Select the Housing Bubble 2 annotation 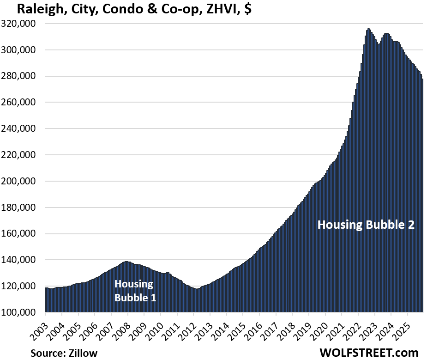366,225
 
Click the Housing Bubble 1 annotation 135,290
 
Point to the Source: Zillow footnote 64,353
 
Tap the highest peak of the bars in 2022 368,30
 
